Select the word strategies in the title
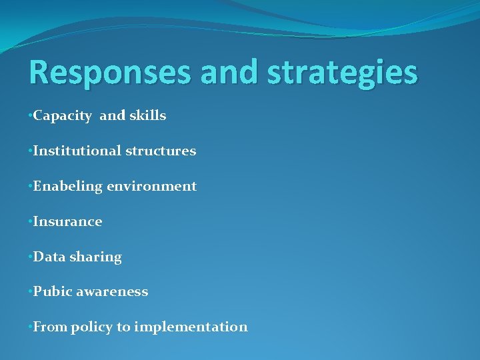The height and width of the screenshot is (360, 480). tap(342, 73)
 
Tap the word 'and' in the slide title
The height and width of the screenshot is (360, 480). tap(230, 73)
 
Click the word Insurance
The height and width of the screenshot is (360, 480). tap(67, 222)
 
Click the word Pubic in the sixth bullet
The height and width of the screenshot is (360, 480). tap(53, 292)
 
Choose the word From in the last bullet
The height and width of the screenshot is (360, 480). tap(50, 327)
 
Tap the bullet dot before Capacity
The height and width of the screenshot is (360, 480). tap(30, 116)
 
